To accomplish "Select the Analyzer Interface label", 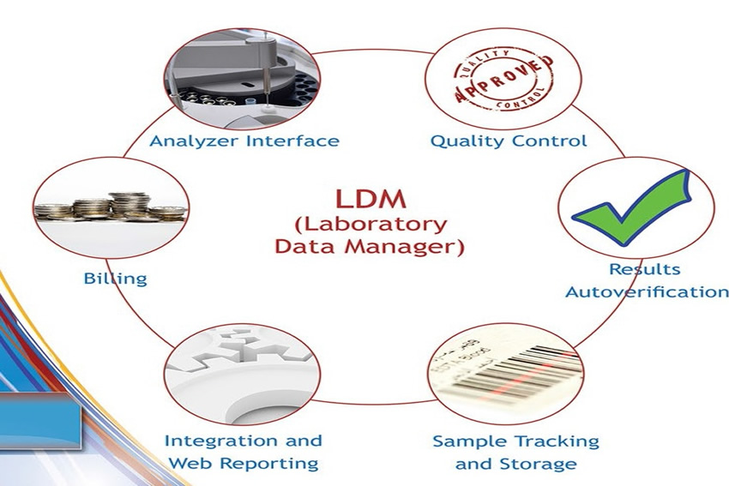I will (244, 141).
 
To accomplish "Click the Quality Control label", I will (508, 141).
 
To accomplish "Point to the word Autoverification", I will (647, 291).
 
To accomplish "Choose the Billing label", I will (115, 279).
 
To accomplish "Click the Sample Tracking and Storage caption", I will (515, 453).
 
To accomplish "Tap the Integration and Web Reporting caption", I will (244, 452).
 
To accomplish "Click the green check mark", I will (632, 209).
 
